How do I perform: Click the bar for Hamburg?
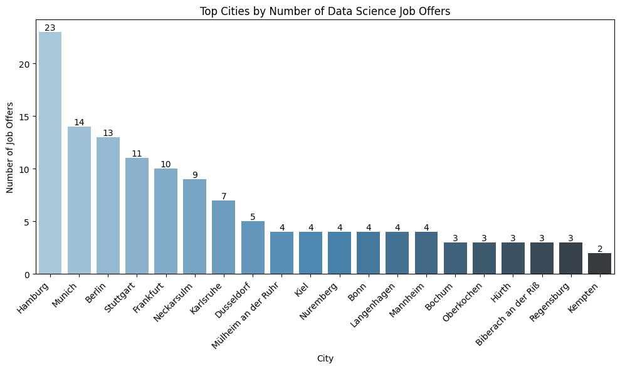pyautogui.click(x=50, y=153)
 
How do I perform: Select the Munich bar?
pyautogui.click(x=79, y=200)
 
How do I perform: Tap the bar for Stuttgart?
pyautogui.click(x=137, y=216)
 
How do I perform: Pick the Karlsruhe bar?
pyautogui.click(x=224, y=237)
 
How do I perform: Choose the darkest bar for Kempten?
pyautogui.click(x=599, y=264)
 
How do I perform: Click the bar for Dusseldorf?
pyautogui.click(x=253, y=247)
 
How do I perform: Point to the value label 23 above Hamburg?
pyautogui.click(x=50, y=28)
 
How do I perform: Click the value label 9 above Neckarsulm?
pyautogui.click(x=195, y=175)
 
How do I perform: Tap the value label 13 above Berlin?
pyautogui.click(x=108, y=133)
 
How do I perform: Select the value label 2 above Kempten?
pyautogui.click(x=599, y=249)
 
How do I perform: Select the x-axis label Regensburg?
pyautogui.click(x=550, y=303)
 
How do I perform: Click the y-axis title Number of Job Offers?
pyautogui.click(x=10, y=148)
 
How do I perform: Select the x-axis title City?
pyautogui.click(x=325, y=359)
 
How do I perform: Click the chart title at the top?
pyautogui.click(x=325, y=11)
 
